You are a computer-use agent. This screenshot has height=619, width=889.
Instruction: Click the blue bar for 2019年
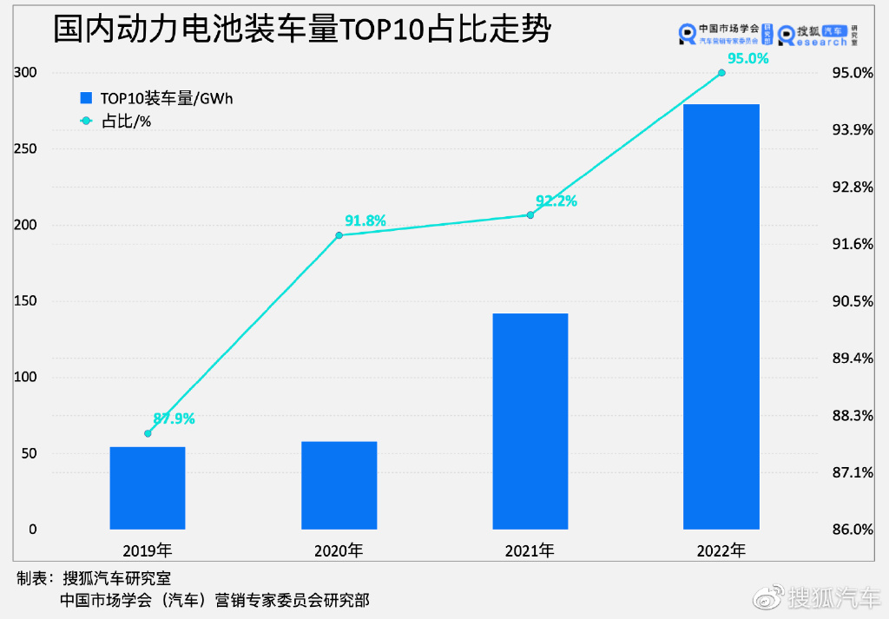click(148, 488)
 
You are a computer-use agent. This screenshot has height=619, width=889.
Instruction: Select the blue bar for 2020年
click(339, 485)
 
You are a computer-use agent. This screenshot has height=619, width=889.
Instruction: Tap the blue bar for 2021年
click(530, 421)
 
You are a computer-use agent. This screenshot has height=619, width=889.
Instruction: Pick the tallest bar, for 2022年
click(721, 316)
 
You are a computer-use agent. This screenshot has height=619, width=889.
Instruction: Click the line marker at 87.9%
click(148, 433)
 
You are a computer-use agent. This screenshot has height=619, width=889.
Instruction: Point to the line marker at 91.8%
click(339, 235)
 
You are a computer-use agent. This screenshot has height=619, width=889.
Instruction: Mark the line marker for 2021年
click(530, 214)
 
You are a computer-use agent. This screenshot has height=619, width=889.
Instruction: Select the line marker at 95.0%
click(721, 73)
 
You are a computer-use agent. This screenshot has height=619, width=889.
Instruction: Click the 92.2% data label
click(556, 201)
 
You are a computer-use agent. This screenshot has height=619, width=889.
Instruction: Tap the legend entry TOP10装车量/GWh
click(155, 99)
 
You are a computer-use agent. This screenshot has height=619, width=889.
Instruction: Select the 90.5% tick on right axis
click(853, 301)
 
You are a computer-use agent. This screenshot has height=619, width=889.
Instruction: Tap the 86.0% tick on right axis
click(853, 530)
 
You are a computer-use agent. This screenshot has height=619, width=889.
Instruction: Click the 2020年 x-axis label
click(339, 550)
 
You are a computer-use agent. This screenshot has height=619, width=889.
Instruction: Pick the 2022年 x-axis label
click(721, 550)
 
